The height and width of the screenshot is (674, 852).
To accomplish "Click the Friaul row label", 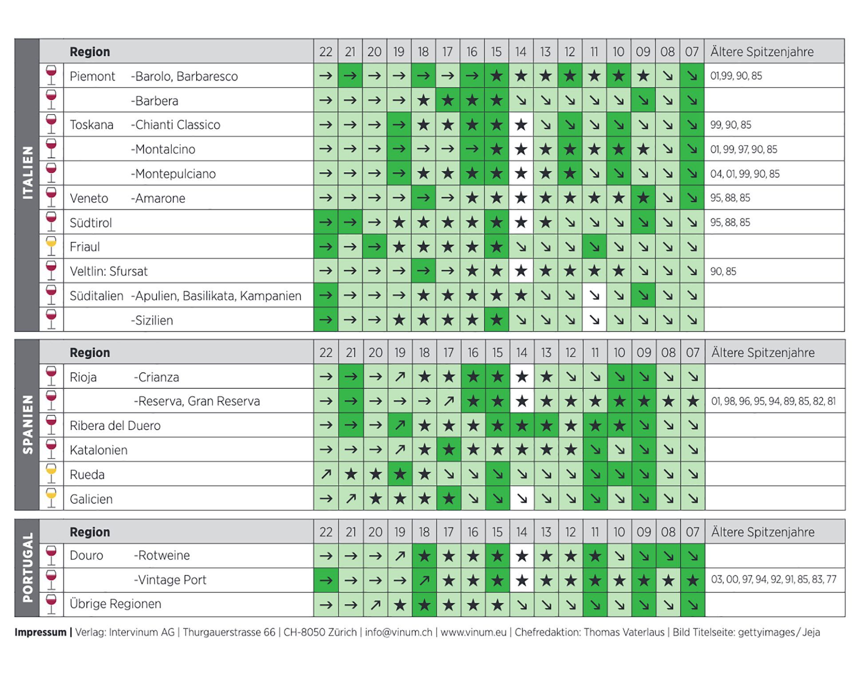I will coord(85,247).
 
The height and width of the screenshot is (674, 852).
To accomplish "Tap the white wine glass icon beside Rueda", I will coord(51,474).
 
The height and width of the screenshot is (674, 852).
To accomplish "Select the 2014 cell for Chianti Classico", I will coord(521,125).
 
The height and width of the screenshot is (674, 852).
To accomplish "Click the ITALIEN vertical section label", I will coord(28,173).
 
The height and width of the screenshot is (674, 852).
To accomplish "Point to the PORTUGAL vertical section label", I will coord(28,568).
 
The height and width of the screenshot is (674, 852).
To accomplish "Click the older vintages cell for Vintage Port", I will coord(773,579).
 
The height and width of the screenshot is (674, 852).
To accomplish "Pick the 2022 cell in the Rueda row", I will coord(326,474).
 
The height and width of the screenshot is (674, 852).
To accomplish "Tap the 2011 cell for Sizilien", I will coord(594,320).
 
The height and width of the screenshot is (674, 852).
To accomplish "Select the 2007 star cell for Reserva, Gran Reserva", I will coord(692,402).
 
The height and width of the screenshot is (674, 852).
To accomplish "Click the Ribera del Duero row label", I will coord(115,426).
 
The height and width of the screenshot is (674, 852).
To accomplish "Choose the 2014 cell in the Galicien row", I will coord(522,499).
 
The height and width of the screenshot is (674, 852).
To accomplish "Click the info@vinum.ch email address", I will coord(398,632).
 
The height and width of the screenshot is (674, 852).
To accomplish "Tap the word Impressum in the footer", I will coord(40,632).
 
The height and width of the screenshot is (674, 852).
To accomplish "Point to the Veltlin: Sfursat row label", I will coord(108,271).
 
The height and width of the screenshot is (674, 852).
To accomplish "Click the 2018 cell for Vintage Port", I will coord(424,580).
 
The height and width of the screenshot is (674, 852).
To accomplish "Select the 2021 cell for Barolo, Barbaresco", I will coord(350,76).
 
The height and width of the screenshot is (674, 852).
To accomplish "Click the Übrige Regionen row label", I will coord(115,604).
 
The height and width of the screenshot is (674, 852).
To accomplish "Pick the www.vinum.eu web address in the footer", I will coord(473,632).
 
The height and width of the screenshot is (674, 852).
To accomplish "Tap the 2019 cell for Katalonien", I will coord(400,450).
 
